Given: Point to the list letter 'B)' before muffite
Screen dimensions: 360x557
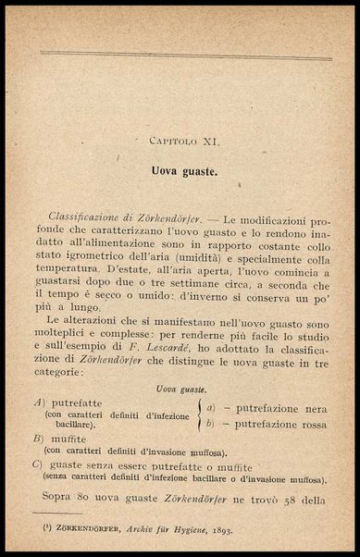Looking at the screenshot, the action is (39, 439).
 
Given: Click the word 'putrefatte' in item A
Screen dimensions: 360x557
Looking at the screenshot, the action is (76, 405).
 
